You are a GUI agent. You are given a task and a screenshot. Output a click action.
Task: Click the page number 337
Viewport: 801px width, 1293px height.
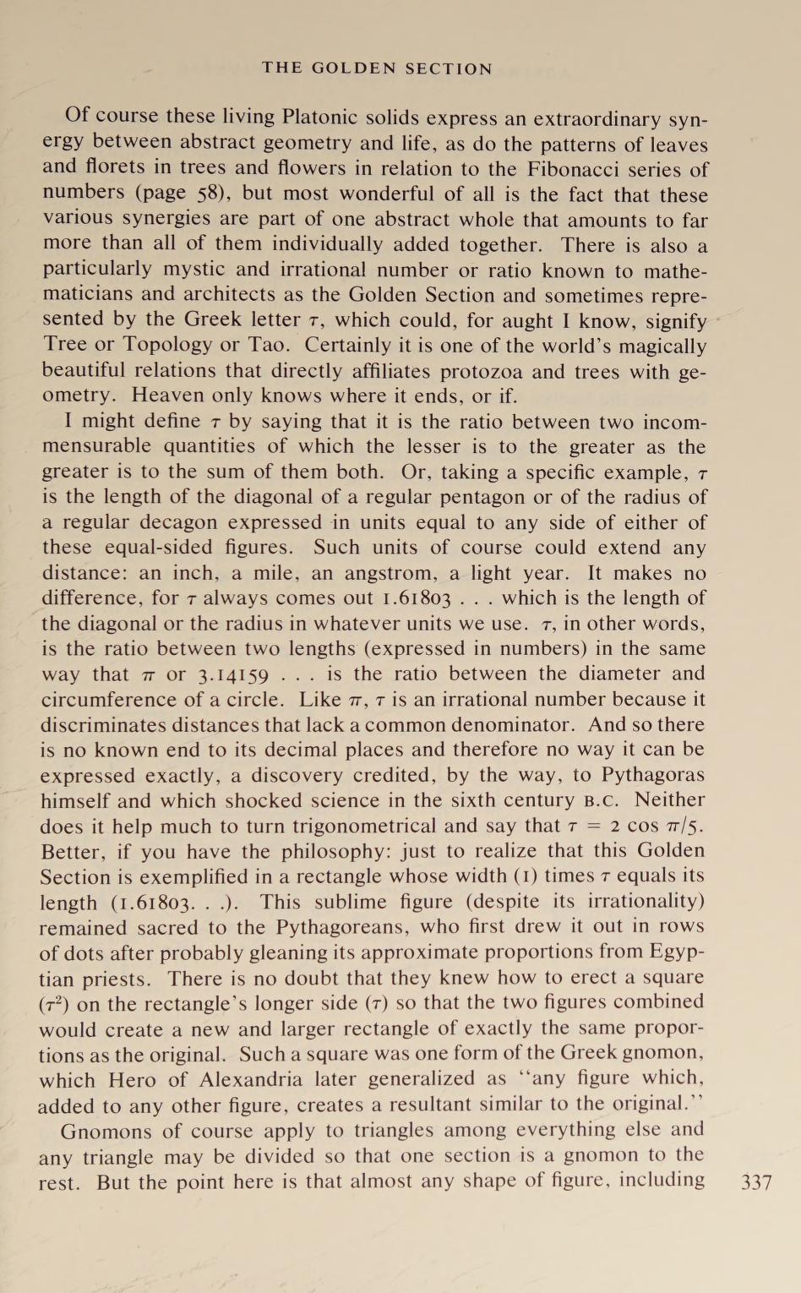pos(756,1181)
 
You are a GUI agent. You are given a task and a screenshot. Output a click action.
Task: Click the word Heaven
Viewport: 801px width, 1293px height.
pos(170,396)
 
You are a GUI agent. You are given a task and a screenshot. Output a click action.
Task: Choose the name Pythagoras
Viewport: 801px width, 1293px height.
pos(652,775)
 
